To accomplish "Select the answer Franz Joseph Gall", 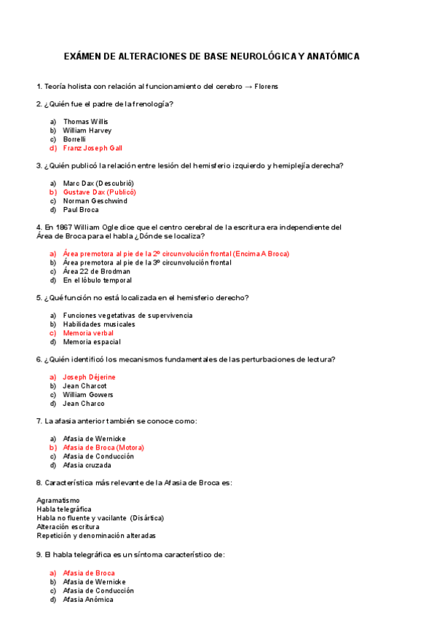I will (x=92, y=148).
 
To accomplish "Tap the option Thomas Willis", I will (x=85, y=122).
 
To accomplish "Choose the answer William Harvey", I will (x=87, y=130).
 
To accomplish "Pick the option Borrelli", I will (x=74, y=139).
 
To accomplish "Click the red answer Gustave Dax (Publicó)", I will (x=100, y=192).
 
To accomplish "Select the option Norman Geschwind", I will (x=95, y=201).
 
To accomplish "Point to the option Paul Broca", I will (x=81, y=210).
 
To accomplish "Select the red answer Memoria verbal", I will (x=88, y=333).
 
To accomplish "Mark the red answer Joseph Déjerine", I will (x=90, y=377).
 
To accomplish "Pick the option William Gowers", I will (x=88, y=394).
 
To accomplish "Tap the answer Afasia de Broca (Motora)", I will (x=103, y=447).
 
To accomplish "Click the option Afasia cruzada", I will (x=87, y=465).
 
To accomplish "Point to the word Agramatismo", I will (x=58, y=500).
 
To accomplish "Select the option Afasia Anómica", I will (x=88, y=600).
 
